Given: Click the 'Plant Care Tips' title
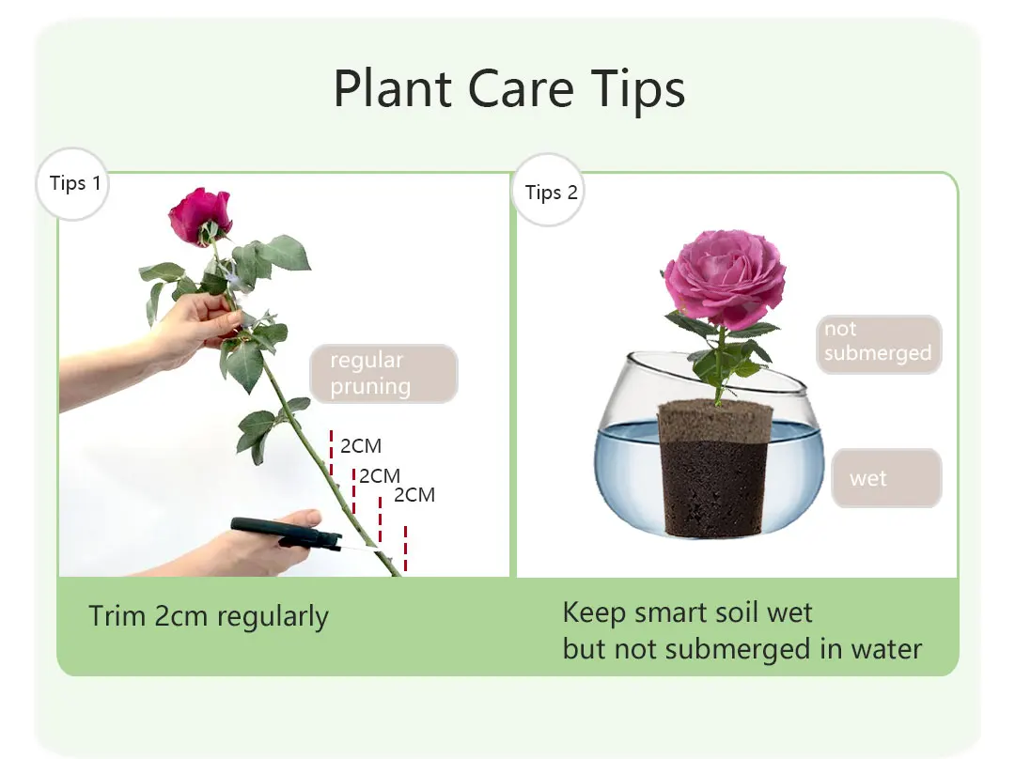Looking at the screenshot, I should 508,88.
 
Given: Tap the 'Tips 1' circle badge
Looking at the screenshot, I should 74,183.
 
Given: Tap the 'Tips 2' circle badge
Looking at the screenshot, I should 551,193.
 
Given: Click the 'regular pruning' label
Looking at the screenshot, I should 383,373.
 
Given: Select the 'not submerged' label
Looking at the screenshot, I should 878,342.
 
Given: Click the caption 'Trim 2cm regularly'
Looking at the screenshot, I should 209,617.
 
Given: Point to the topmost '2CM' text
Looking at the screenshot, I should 361,446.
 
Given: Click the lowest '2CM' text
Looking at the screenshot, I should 414,495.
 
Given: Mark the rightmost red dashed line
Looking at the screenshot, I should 405,548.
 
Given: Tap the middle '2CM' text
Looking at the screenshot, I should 380,476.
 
